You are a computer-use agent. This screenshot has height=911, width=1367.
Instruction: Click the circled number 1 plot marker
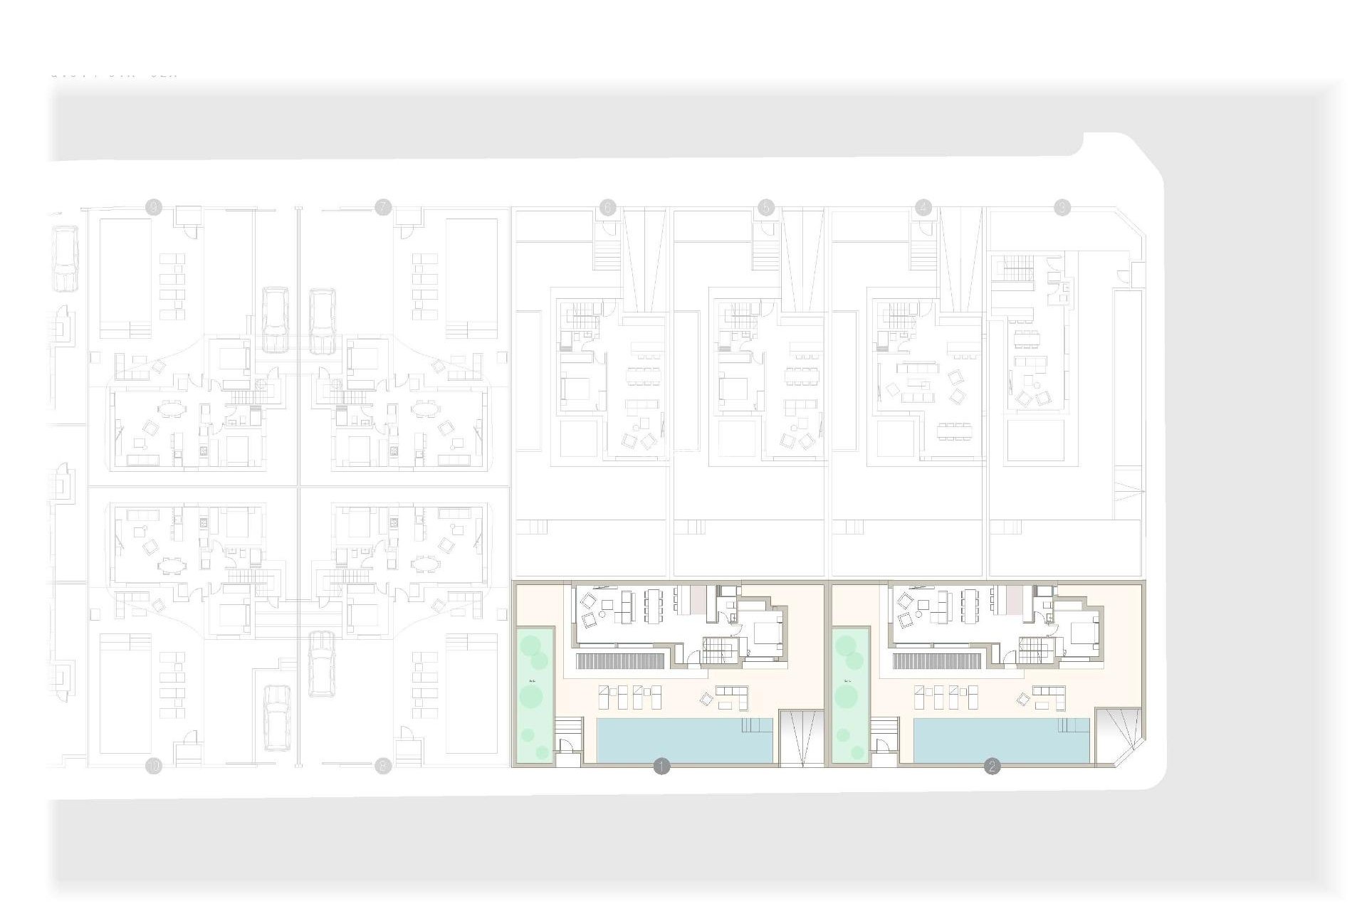point(661,767)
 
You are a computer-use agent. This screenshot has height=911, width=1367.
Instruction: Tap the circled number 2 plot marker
point(992,767)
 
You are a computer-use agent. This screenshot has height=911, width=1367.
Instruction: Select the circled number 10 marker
point(154,767)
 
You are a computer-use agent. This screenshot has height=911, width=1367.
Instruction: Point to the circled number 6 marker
point(607,208)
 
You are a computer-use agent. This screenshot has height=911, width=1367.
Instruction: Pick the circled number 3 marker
point(1062,208)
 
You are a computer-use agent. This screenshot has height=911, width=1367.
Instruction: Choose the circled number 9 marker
point(154,208)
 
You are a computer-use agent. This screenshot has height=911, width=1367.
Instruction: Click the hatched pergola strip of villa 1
point(620,661)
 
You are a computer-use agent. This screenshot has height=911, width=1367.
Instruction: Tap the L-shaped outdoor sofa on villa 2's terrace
point(1048,697)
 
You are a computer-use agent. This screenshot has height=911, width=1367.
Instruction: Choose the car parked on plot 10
point(276,717)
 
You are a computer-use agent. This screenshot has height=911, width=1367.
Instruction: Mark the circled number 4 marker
point(923,208)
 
